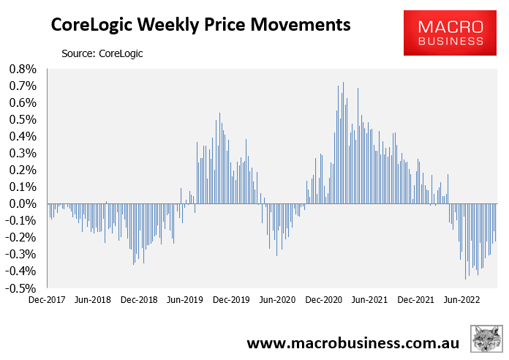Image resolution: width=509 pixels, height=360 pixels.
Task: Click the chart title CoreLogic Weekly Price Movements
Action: [200, 26]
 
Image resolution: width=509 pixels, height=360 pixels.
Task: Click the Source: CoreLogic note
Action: [102, 53]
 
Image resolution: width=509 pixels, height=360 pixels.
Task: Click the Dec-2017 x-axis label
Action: [47, 299]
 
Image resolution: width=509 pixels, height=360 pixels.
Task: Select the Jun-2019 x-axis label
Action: [185, 299]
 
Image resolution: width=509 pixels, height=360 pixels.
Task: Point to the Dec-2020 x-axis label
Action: [324, 299]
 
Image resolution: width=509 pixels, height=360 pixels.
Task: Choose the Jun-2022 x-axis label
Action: [462, 299]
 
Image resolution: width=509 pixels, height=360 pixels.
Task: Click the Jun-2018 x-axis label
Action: [93, 299]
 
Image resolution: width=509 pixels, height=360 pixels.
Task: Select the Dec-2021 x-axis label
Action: [416, 299]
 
